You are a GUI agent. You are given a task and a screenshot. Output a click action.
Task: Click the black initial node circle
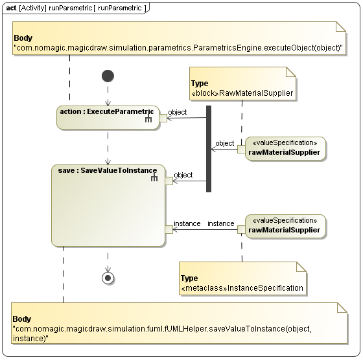pos(108,76)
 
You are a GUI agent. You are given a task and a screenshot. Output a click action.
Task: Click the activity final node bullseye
pos(108,277)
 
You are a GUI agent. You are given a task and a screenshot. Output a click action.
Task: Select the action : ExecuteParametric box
pos(107,117)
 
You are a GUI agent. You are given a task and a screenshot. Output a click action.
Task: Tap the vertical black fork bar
pos(209,149)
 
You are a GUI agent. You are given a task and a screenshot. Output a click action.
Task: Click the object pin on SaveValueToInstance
pos(169,181)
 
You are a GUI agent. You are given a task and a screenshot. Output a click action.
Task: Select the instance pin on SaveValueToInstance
pos(169,229)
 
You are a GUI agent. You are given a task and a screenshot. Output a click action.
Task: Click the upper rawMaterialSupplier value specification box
pos(283,148)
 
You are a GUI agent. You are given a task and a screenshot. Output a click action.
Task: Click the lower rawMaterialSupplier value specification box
pos(283,226)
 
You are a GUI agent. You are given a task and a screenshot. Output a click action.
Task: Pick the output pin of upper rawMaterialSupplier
pos(240,149)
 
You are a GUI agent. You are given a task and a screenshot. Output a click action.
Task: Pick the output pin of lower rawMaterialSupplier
pos(240,229)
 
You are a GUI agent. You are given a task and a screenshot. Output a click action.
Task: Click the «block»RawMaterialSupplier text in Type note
pos(242,93)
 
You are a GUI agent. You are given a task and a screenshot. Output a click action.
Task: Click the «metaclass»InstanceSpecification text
pos(242,287)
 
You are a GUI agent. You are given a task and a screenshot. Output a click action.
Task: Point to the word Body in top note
pos(23,38)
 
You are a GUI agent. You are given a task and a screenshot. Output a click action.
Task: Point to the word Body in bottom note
pos(23,319)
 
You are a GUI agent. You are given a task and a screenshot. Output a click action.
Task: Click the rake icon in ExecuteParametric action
pos(148,119)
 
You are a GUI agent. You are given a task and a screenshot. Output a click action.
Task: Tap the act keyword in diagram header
pos(11,8)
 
